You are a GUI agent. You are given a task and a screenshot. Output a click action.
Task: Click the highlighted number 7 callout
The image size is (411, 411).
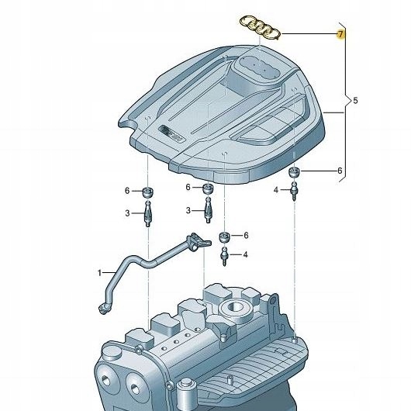pyautogui.click(x=340, y=34)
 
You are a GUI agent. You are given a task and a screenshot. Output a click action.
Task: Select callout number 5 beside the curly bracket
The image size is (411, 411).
pyautogui.click(x=355, y=101)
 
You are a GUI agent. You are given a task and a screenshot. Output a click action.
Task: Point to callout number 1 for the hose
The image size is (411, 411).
pyautogui.click(x=99, y=272)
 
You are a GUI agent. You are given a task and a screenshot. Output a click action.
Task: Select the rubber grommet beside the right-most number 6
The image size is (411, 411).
pyautogui.click(x=295, y=172)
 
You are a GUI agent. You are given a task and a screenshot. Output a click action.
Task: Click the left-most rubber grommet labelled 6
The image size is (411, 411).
pyautogui.click(x=147, y=192)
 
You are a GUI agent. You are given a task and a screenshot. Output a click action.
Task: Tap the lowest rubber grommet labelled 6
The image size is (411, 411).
pyautogui.click(x=224, y=236)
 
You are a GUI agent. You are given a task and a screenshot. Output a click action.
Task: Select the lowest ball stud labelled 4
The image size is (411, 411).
pyautogui.click(x=225, y=254)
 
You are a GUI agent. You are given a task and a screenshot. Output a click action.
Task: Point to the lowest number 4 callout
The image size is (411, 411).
pyautogui.click(x=245, y=254)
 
